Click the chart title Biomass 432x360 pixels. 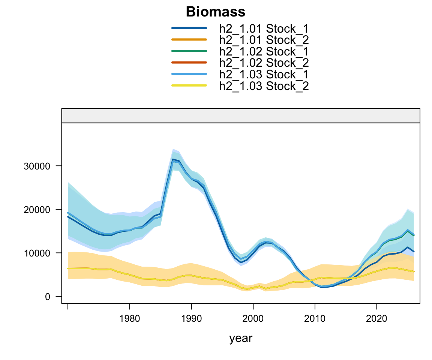pyautogui.click(x=216, y=12)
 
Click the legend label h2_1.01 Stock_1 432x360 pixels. pyautogui.click(x=264, y=28)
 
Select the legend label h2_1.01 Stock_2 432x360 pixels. pyautogui.click(x=264, y=40)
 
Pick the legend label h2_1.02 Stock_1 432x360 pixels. pyautogui.click(x=264, y=51)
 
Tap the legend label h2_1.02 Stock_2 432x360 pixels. pyautogui.click(x=264, y=63)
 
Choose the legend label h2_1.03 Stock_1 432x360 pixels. pyautogui.click(x=264, y=74)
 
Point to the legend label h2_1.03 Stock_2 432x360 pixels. pyautogui.click(x=264, y=86)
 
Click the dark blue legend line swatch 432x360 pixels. pyautogui.click(x=189, y=28)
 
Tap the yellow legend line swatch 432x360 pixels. pyautogui.click(x=189, y=85)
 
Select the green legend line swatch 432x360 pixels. pyautogui.click(x=189, y=51)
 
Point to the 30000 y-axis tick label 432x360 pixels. pyautogui.click(x=37, y=166)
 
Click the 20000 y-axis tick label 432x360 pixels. pyautogui.click(x=37, y=210)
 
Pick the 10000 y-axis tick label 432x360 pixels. pyautogui.click(x=37, y=253)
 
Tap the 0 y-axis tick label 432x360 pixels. pyautogui.click(x=48, y=297)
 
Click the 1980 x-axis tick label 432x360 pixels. pyautogui.click(x=129, y=319)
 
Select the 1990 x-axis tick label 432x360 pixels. pyautogui.click(x=191, y=319)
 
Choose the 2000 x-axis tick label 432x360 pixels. pyautogui.click(x=253, y=319)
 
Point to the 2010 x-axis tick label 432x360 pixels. pyautogui.click(x=315, y=319)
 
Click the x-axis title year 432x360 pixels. pyautogui.click(x=240, y=339)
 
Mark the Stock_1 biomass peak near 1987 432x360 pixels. pyautogui.click(x=173, y=159)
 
